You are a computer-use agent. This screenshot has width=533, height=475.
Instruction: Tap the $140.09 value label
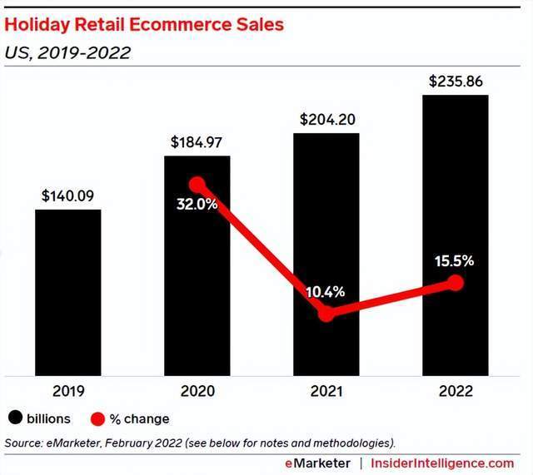pyautogui.click(x=67, y=197)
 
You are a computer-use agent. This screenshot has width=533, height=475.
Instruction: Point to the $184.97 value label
pyautogui.click(x=197, y=142)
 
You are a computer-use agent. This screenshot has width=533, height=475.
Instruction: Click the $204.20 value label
pyautogui.click(x=327, y=119)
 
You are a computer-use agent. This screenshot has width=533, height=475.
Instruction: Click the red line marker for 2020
pyautogui.click(x=197, y=185)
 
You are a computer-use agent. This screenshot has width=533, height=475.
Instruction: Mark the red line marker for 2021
pyautogui.click(x=327, y=314)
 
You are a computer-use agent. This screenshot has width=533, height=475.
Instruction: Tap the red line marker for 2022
pyautogui.click(x=455, y=283)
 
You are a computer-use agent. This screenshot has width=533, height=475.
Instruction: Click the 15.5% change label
pyautogui.click(x=454, y=260)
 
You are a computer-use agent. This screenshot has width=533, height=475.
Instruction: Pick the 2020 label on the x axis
pyautogui.click(x=197, y=391)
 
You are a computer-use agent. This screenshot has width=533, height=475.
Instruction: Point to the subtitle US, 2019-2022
pyautogui.click(x=67, y=53)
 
